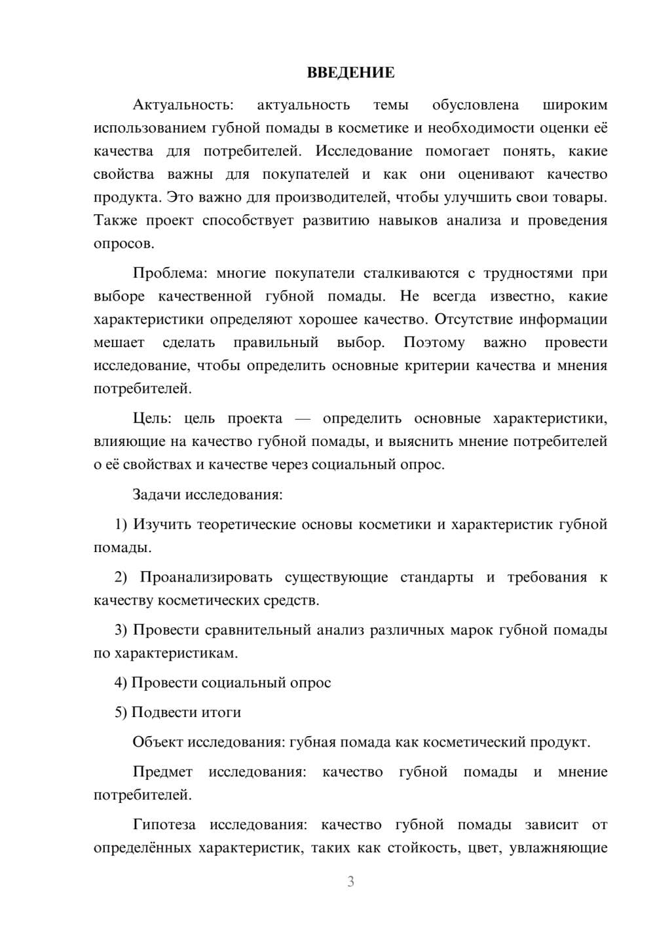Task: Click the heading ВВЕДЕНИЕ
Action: point(350,73)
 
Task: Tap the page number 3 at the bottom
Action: point(350,881)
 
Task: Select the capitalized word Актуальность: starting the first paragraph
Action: point(183,105)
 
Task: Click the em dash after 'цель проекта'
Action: point(302,419)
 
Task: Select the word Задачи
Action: point(157,494)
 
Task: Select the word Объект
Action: point(158,742)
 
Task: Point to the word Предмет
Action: point(162,771)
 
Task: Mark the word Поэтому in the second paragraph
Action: point(434,343)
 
